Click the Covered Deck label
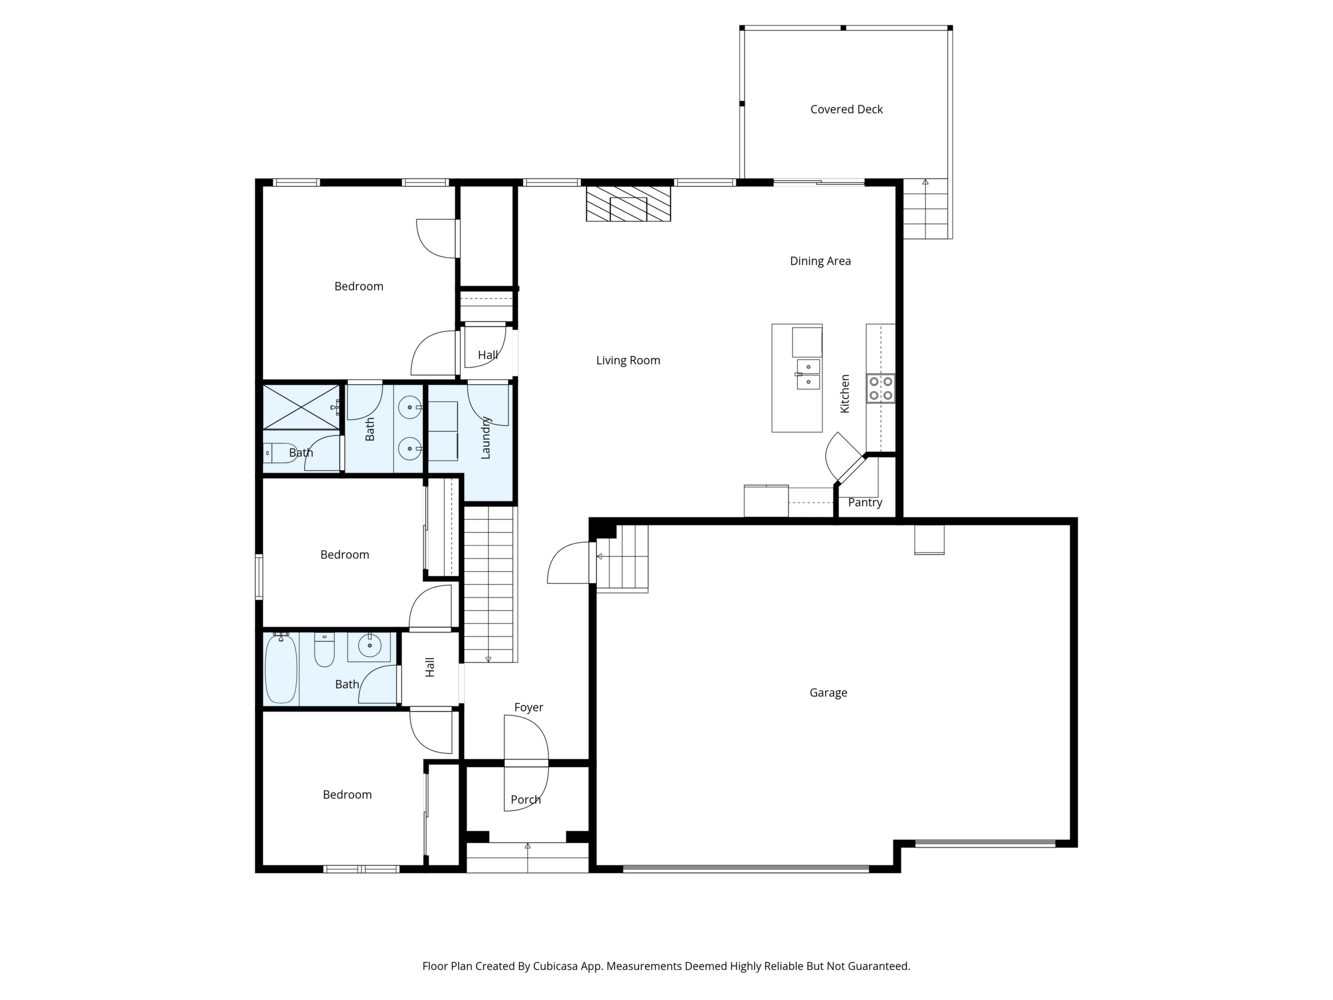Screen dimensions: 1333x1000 (846, 109)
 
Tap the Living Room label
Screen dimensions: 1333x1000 (628, 361)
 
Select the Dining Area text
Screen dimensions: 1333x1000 (820, 261)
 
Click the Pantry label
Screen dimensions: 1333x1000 (865, 502)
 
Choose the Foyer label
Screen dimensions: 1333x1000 (529, 707)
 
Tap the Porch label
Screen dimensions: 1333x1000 (526, 799)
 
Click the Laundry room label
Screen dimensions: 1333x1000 (485, 438)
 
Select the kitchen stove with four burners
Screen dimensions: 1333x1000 (881, 389)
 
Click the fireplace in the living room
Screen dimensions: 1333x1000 (629, 204)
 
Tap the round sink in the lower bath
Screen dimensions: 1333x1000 (370, 646)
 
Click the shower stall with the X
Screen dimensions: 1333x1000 (301, 407)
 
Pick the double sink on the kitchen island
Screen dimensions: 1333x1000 (808, 374)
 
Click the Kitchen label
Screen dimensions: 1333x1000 (845, 394)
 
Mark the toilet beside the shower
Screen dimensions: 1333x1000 (280, 452)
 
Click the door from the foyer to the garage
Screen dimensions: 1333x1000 (569, 562)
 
